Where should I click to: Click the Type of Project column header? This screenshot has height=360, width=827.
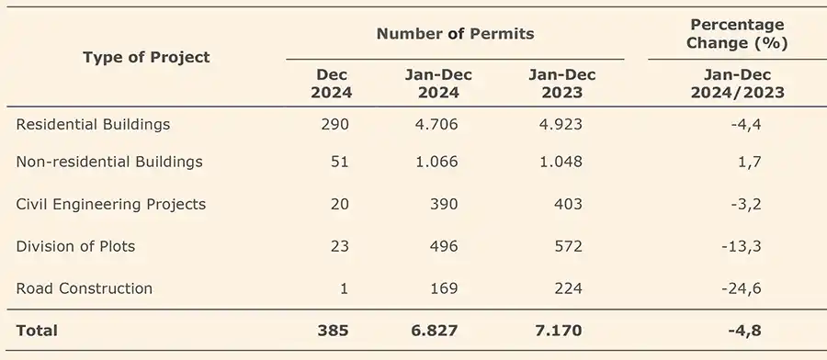pyautogui.click(x=146, y=57)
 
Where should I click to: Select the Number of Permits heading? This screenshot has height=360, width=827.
pyautogui.click(x=455, y=34)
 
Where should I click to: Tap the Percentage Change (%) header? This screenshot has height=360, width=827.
pyautogui.click(x=737, y=34)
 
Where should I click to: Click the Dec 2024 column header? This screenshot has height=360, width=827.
pyautogui.click(x=331, y=84)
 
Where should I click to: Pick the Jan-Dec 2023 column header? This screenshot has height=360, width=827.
pyautogui.click(x=561, y=84)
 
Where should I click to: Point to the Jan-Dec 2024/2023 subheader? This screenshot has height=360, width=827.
pyautogui.click(x=737, y=84)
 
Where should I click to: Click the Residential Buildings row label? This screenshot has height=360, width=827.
pyautogui.click(x=94, y=124)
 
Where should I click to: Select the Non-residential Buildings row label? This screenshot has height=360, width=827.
pyautogui.click(x=109, y=162)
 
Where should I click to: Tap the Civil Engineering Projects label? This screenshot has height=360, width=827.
pyautogui.click(x=111, y=204)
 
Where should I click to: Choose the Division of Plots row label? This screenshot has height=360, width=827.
pyautogui.click(x=75, y=246)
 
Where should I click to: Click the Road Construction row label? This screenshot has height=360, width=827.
pyautogui.click(x=85, y=288)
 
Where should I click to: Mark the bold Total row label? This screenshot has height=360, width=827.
pyautogui.click(x=37, y=331)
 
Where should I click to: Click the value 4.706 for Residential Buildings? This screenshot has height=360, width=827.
pyautogui.click(x=436, y=124)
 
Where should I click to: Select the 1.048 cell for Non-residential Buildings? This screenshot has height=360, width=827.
pyautogui.click(x=561, y=162)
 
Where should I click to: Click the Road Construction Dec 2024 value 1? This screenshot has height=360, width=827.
pyautogui.click(x=344, y=288)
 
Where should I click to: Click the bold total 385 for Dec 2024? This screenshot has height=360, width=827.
pyautogui.click(x=333, y=331)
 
